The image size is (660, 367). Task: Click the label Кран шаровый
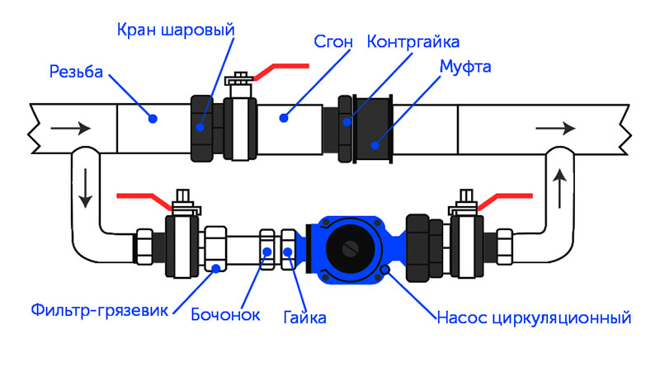click(x=174, y=30)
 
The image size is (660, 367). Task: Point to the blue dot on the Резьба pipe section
click(x=153, y=120)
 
